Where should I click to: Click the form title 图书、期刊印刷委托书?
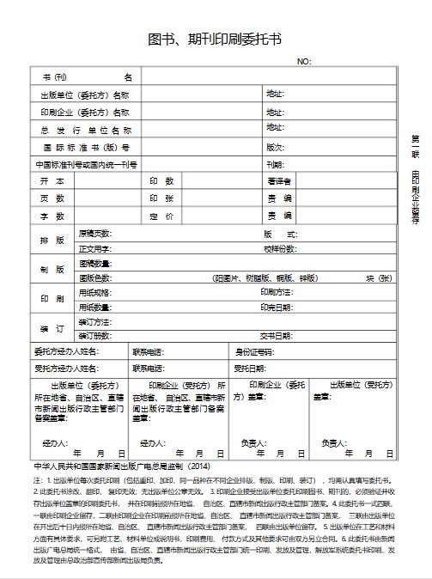point(215,40)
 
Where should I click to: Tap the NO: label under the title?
point(304,62)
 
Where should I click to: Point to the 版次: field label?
point(275,147)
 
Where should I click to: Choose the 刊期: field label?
point(275,164)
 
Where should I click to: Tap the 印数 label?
point(162,181)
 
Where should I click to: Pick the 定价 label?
point(162,216)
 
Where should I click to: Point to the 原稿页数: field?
point(95,234)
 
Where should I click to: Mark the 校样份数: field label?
point(280,248)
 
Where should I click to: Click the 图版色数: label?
point(95,278)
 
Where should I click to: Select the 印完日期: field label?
point(277,307)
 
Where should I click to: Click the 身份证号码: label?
point(255,351)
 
